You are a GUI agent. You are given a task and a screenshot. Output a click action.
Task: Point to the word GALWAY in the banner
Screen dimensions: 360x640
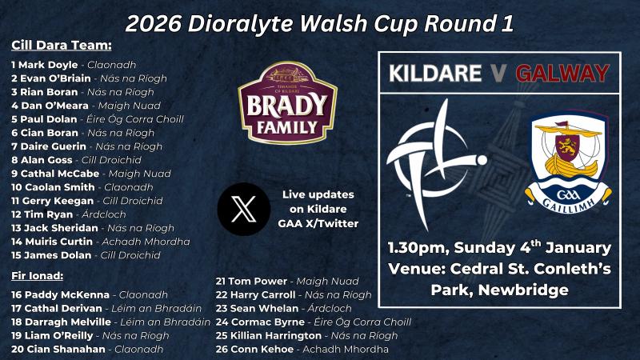[x=562, y=74]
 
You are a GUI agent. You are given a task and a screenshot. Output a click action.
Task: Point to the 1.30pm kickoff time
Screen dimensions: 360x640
[x=419, y=246]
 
